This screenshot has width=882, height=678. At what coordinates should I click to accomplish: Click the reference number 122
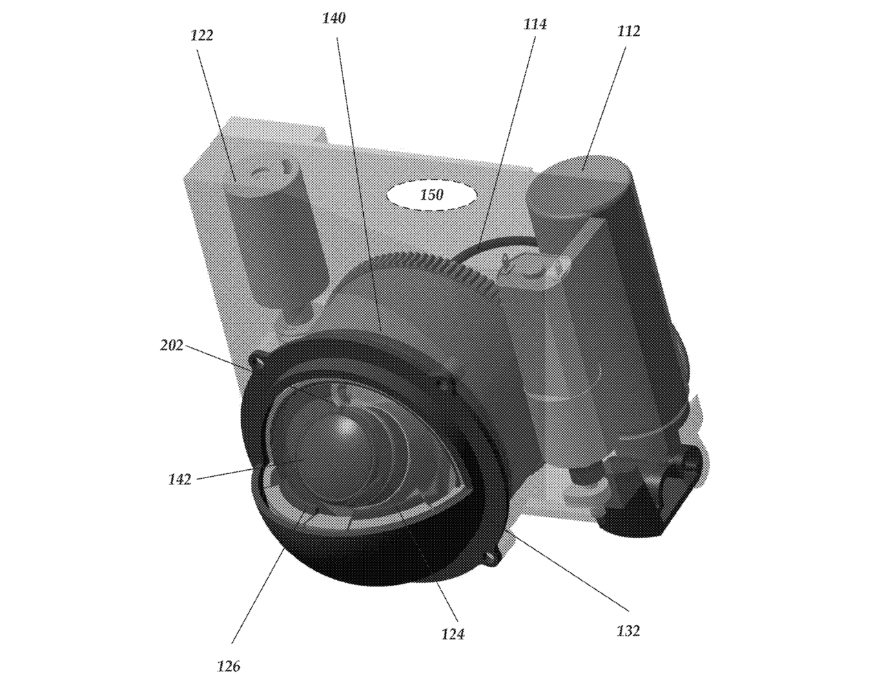202,36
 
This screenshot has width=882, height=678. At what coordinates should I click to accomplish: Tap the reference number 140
334,18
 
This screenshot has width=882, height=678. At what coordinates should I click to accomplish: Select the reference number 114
535,24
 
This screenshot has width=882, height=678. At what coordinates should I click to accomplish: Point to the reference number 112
628,31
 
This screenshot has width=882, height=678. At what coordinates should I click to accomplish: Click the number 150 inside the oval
431,195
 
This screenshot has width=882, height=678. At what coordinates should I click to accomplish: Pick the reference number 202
172,346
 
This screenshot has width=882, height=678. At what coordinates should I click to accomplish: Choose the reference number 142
179,480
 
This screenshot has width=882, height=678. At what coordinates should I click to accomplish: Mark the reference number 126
229,666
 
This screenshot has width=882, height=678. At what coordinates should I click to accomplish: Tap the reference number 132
628,630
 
